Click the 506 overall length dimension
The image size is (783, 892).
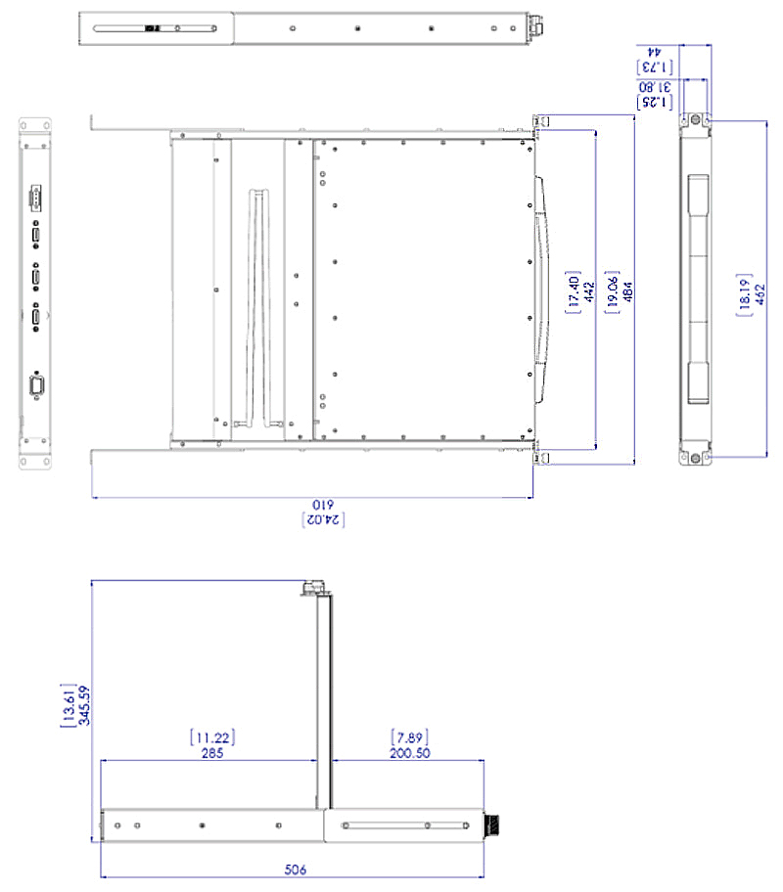point(294,867)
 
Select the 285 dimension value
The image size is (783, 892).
point(211,753)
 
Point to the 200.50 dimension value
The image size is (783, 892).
point(409,753)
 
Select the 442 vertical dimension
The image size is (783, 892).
point(589,290)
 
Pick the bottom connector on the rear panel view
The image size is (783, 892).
point(37,387)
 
